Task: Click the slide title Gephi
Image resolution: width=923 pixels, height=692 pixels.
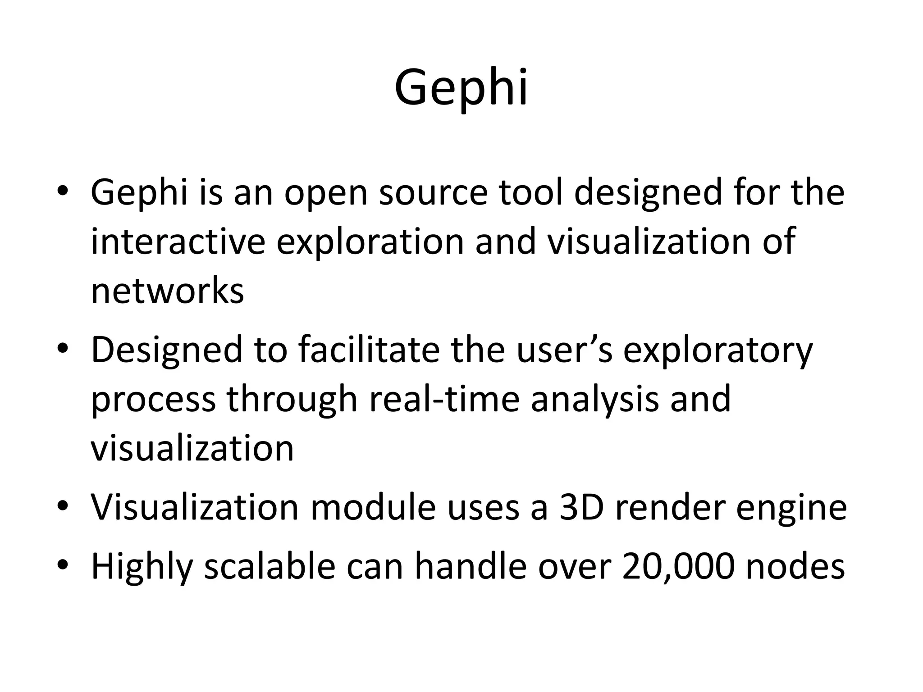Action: [461, 87]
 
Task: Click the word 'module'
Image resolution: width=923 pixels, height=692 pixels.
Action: [373, 507]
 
